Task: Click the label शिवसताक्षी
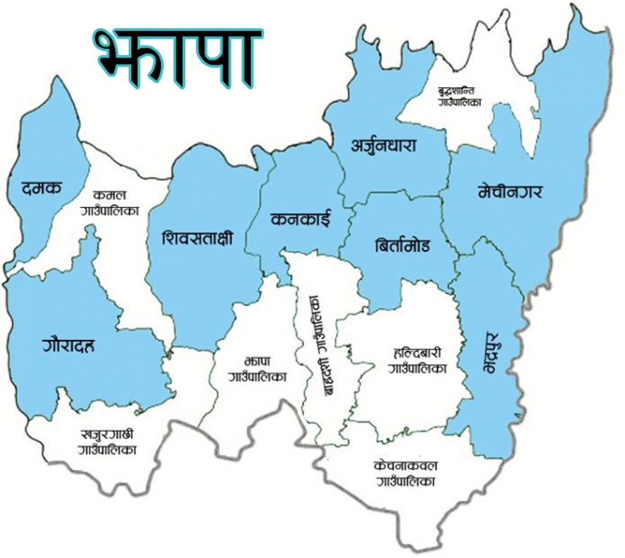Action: [x=197, y=239]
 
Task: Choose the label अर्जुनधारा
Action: [x=383, y=145]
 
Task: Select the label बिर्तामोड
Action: [x=403, y=245]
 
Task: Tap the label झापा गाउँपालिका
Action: [x=258, y=369]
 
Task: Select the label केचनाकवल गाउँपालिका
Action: [x=406, y=473]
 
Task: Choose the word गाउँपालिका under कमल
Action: [x=110, y=210]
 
